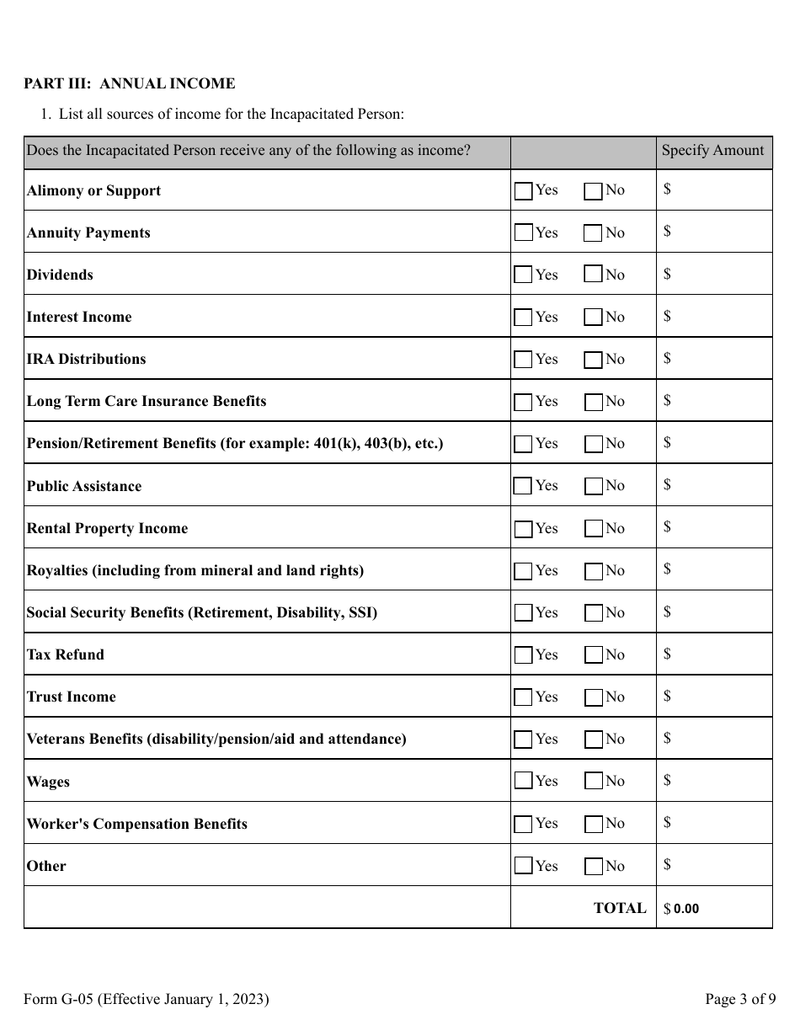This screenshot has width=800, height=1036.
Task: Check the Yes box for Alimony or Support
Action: (523, 191)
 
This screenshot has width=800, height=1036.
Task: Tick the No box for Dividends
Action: (593, 275)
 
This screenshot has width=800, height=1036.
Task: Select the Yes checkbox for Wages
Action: (523, 782)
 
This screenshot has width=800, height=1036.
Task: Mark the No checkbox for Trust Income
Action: (593, 697)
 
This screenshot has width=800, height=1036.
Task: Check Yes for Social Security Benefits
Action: (523, 613)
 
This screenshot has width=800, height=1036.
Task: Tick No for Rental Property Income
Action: (593, 529)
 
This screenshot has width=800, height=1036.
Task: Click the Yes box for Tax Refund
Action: (523, 655)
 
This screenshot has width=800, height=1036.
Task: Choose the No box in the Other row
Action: (593, 866)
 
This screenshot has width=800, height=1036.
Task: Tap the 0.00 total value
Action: (686, 910)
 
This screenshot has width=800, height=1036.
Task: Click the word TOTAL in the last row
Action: (620, 908)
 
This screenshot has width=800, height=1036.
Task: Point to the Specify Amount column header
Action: (712, 151)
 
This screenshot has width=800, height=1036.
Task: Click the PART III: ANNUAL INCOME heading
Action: (129, 83)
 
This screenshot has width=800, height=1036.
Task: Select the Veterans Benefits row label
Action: (216, 740)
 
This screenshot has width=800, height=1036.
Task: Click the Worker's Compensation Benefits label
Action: (137, 824)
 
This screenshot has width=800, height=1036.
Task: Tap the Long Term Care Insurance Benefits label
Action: (147, 401)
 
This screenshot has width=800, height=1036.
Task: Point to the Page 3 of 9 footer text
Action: (740, 1000)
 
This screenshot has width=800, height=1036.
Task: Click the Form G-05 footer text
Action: (147, 1000)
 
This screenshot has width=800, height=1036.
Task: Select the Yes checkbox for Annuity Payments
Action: (523, 232)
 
